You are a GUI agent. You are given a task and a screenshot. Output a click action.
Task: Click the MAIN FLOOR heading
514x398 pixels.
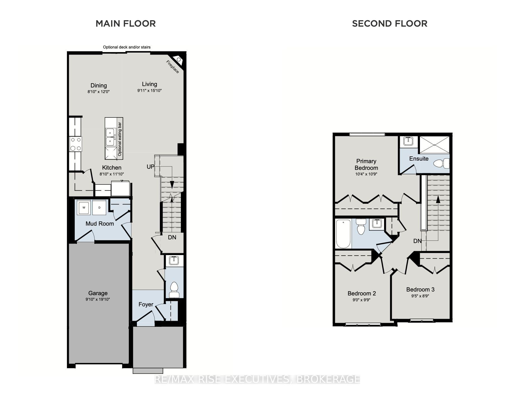[126, 24]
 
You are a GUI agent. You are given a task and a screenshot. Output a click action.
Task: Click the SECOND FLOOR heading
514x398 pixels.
[390, 24]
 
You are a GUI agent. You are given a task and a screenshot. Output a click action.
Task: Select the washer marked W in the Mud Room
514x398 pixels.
[84, 207]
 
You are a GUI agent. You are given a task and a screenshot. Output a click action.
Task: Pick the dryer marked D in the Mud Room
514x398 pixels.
[99, 207]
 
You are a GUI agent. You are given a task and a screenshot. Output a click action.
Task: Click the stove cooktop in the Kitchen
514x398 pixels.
[76, 144]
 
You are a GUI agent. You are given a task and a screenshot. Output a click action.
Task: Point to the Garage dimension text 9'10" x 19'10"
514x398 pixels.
[98, 299]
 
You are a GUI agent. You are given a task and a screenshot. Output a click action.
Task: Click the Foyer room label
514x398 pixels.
[146, 304]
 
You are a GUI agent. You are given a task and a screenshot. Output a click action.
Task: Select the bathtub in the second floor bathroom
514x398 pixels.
[344, 234]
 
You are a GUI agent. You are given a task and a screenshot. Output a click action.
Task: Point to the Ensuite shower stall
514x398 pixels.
[435, 145]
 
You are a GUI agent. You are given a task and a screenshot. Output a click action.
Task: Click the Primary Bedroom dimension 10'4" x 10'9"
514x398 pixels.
[366, 174]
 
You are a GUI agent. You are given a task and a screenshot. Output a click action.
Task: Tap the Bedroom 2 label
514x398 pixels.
[362, 293]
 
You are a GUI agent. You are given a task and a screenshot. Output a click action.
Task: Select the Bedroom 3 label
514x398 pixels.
[420, 290]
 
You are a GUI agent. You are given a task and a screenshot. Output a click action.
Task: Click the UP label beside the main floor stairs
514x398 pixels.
[151, 167]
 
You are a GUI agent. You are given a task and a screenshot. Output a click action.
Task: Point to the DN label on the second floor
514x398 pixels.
[417, 241]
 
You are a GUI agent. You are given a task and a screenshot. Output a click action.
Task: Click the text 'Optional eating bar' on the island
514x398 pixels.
[120, 139]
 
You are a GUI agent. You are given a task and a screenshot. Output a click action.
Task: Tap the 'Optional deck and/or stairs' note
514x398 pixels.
[127, 47]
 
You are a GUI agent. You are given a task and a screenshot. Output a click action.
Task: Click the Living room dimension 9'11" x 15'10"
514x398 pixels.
[149, 91]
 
